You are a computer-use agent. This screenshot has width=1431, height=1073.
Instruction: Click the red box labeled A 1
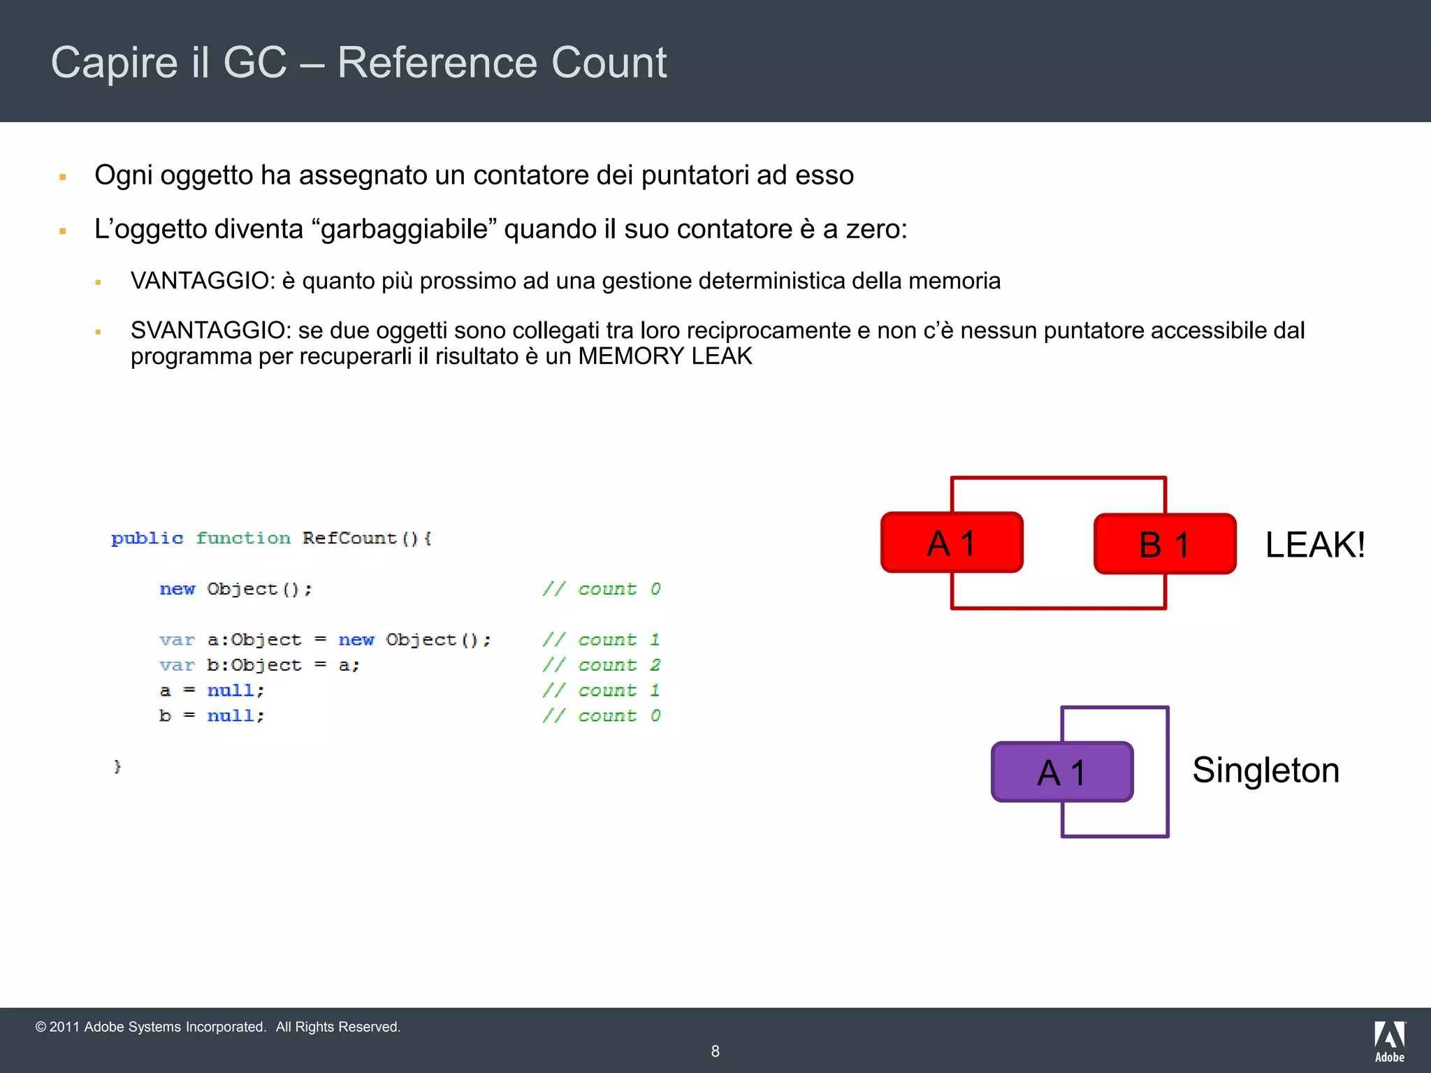[952, 543]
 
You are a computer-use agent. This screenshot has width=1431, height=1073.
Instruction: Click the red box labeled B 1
[1165, 544]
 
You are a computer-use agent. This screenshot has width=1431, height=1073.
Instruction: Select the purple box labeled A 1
[1061, 772]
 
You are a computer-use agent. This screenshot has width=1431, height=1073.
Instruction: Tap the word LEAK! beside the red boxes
[1314, 545]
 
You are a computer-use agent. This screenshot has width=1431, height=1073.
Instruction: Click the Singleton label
[1265, 771]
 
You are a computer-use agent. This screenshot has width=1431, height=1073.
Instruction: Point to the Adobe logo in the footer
[1389, 1041]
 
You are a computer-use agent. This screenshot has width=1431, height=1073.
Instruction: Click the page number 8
[715, 1051]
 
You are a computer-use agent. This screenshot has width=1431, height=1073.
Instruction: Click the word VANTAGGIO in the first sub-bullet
[202, 281]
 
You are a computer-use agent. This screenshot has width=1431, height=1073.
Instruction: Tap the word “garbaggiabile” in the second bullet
[406, 229]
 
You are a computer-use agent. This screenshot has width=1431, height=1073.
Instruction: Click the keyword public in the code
[147, 539]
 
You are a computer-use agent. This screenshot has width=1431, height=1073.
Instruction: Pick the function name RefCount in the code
[349, 539]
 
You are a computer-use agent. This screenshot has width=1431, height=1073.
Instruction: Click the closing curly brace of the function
[117, 766]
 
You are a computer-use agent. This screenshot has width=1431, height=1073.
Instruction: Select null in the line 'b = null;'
[234, 716]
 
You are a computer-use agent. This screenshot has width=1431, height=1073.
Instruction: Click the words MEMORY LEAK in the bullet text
[664, 356]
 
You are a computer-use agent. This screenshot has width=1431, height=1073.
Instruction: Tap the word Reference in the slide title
[437, 63]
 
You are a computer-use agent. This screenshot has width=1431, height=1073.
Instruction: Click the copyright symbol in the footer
[41, 1027]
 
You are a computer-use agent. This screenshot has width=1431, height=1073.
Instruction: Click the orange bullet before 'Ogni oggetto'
[63, 177]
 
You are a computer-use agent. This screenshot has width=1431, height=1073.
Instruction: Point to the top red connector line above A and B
[1059, 479]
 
